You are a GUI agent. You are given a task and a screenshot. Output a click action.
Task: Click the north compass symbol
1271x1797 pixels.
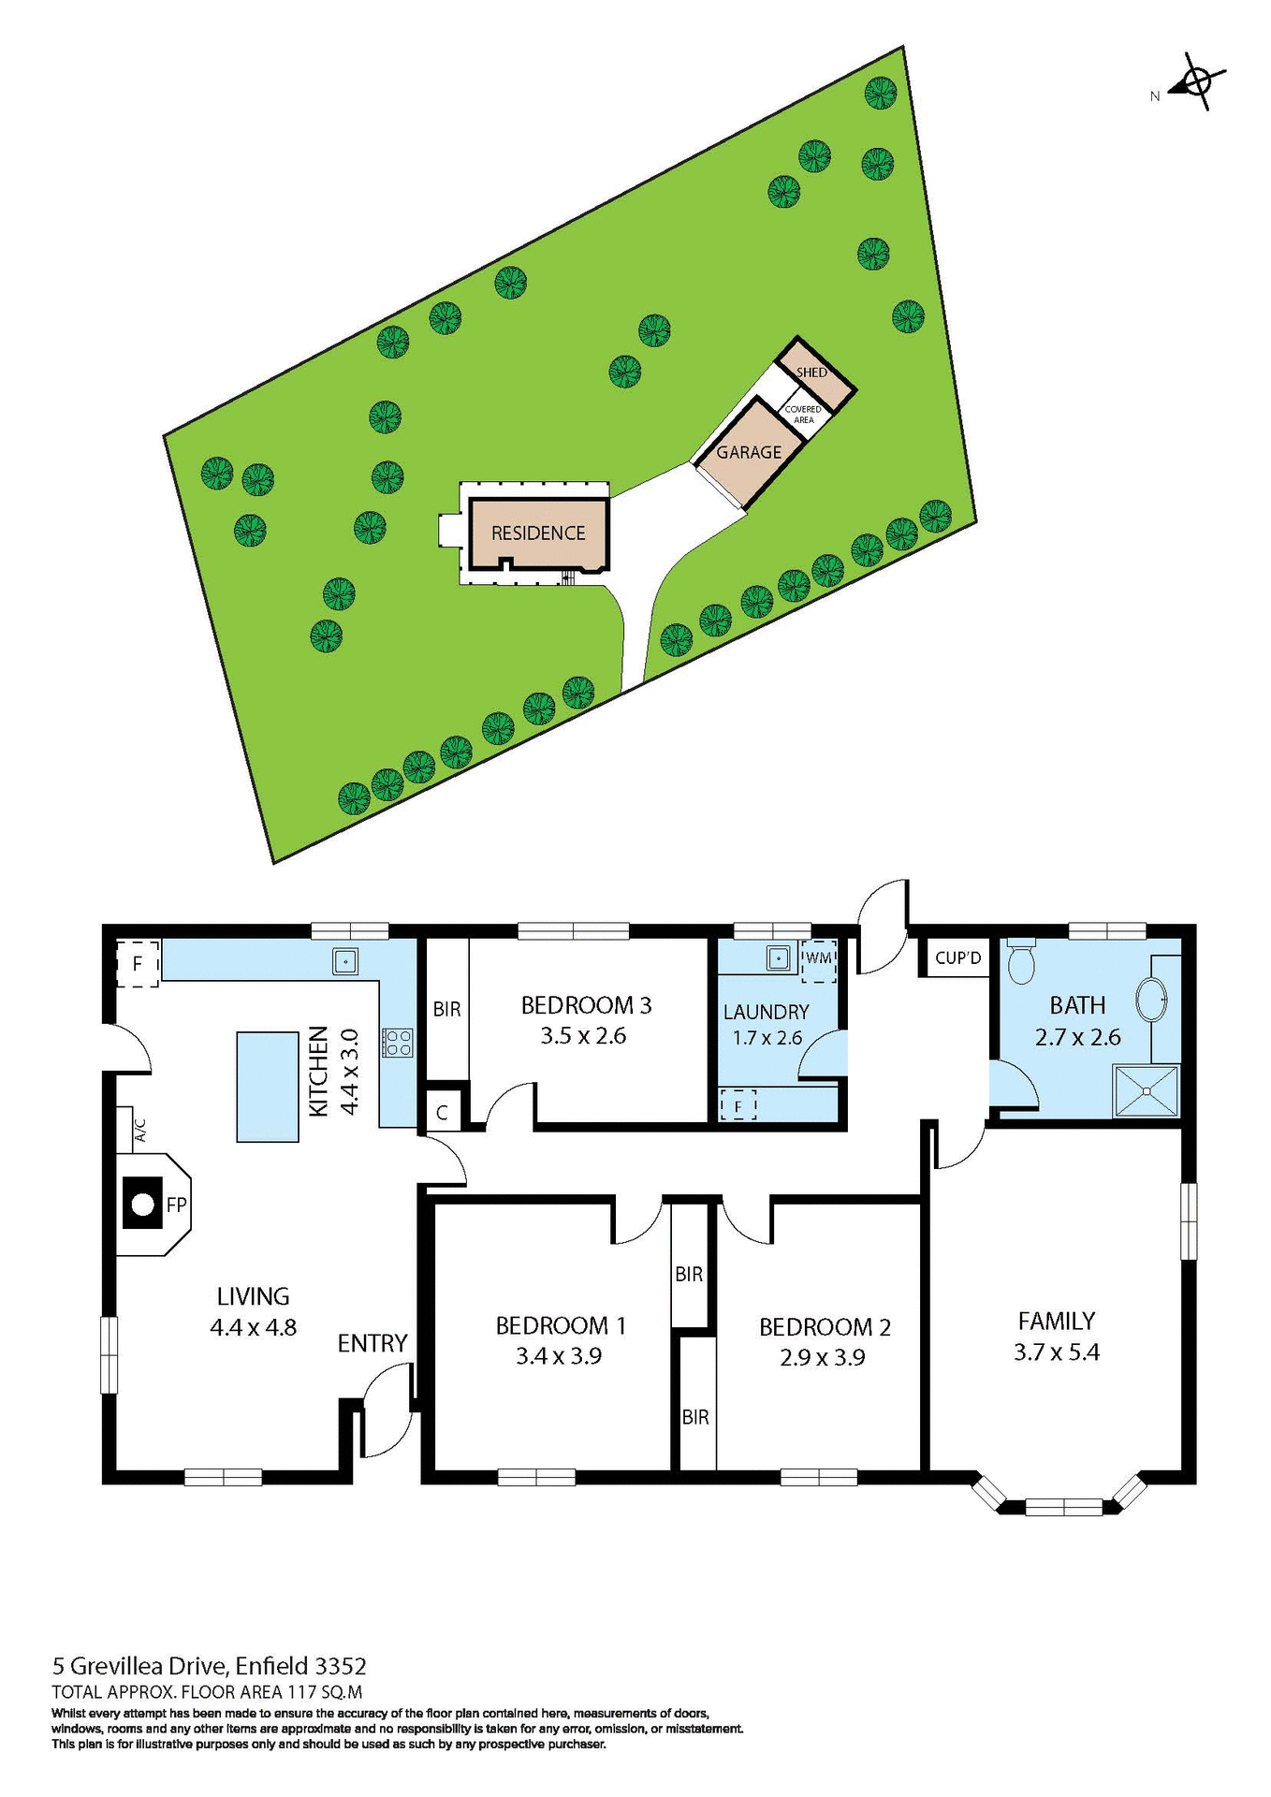click(x=1196, y=82)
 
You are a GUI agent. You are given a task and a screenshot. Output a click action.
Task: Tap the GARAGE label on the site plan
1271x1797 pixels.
click(x=749, y=452)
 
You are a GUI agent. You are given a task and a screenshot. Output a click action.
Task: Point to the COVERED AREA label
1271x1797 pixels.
click(x=803, y=415)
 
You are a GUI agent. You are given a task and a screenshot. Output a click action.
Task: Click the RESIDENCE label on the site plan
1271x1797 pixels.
click(x=538, y=533)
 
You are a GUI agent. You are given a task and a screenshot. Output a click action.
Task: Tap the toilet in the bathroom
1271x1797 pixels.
click(x=1020, y=963)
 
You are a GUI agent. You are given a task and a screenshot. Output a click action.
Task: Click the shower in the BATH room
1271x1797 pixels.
click(x=1147, y=1090)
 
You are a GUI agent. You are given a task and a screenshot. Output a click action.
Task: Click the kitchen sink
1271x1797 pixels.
click(x=345, y=961)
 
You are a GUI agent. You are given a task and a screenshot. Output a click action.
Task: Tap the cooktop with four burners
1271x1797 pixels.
click(x=397, y=1043)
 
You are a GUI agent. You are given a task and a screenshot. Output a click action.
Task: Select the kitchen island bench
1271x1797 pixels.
click(x=268, y=1086)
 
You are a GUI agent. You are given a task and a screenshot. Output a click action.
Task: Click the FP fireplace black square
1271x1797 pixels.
click(x=141, y=1205)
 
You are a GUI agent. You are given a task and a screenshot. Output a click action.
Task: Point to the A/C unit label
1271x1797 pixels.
click(x=140, y=1131)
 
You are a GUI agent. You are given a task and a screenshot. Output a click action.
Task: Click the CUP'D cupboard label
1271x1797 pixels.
click(x=957, y=958)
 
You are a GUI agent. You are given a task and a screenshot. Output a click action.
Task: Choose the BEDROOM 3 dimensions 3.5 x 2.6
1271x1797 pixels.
click(x=583, y=1036)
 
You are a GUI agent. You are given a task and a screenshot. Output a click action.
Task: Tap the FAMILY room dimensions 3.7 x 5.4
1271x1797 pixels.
click(x=1056, y=1351)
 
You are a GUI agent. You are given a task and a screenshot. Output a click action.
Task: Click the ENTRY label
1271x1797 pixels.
click(x=373, y=1343)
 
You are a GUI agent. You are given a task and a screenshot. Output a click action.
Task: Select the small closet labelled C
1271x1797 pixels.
click(x=443, y=1114)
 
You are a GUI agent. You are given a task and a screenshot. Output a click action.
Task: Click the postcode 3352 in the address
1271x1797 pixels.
click(x=341, y=1666)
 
